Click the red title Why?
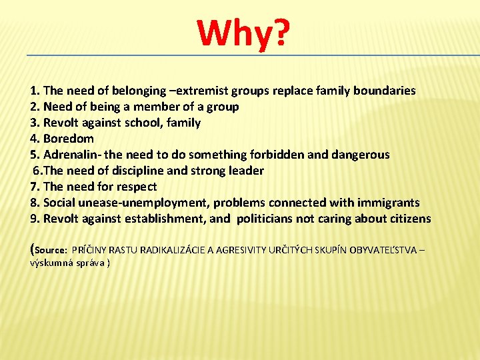pyautogui.click(x=244, y=34)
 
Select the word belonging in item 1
pyautogui.click(x=139, y=91)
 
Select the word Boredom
pyautogui.click(x=69, y=139)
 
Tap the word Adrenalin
pyautogui.click(x=69, y=155)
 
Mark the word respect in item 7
pyautogui.click(x=136, y=187)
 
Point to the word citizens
pyautogui.click(x=405, y=219)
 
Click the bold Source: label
pyautogui.click(x=51, y=251)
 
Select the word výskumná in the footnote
pyautogui.click(x=51, y=263)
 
